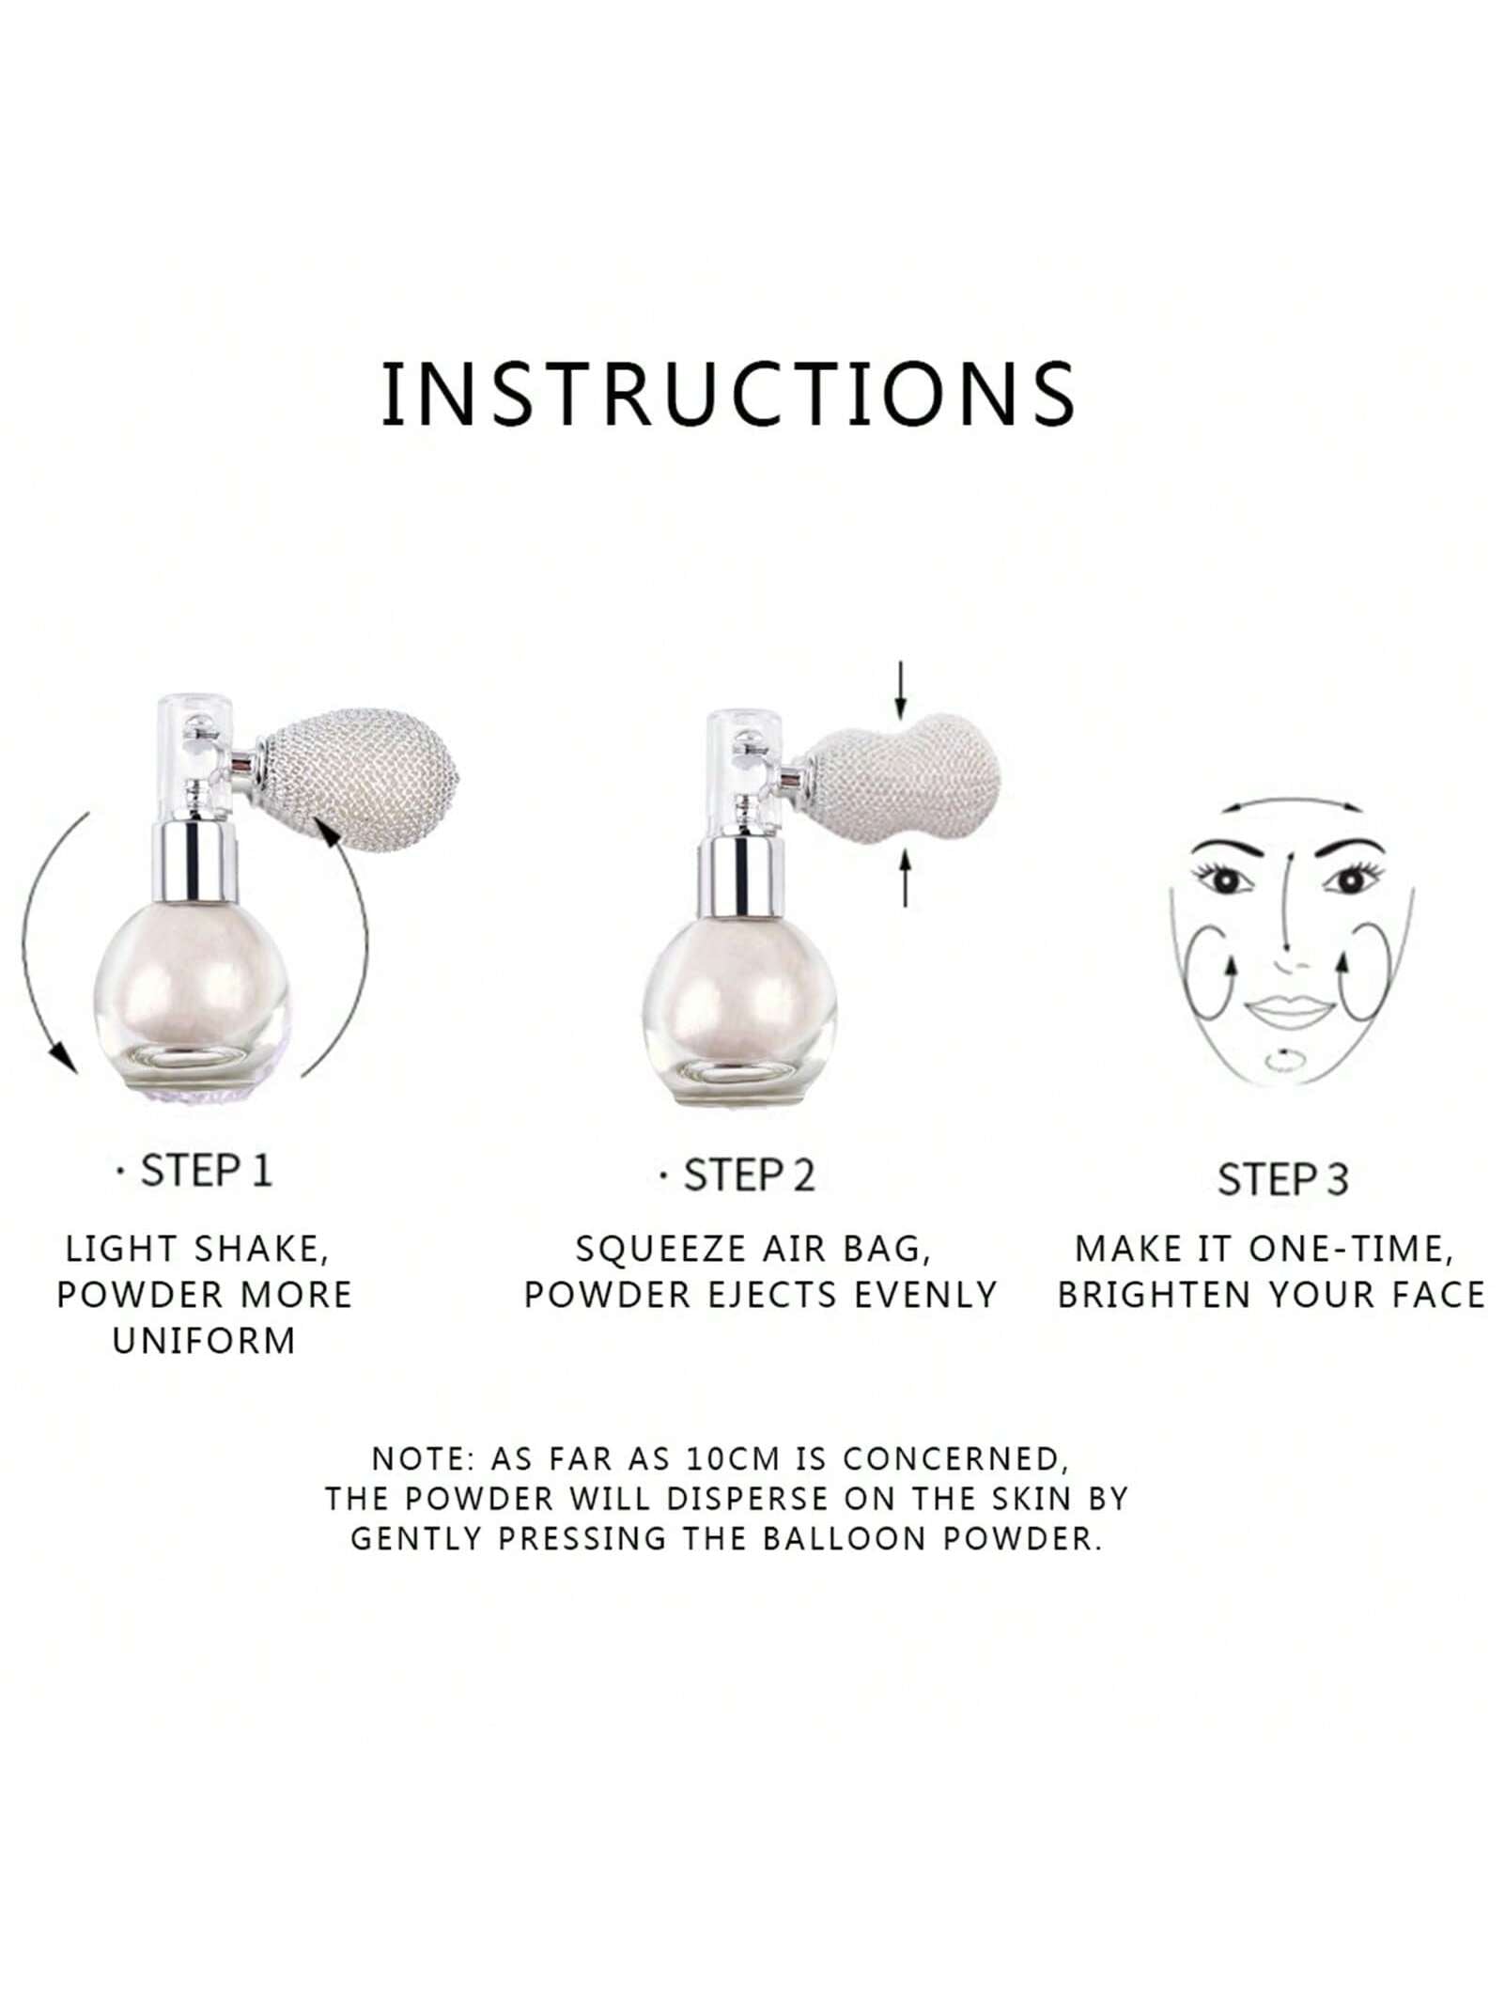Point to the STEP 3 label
pyautogui.click(x=1282, y=1179)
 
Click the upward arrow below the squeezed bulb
pyautogui.click(x=905, y=875)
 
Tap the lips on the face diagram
pyautogui.click(x=1291, y=1012)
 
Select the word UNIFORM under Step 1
pyautogui.click(x=204, y=1340)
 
